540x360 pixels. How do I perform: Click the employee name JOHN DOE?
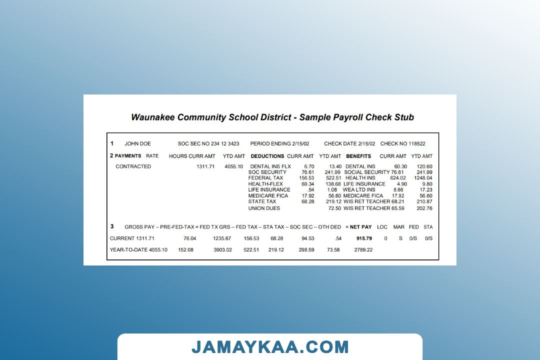click(x=137, y=144)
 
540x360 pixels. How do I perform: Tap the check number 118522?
click(x=417, y=144)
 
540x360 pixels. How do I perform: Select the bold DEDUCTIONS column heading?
click(x=267, y=156)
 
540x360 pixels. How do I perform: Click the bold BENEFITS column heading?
click(x=358, y=156)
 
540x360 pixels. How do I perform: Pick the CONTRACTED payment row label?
click(x=133, y=166)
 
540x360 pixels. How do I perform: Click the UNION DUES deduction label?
click(x=264, y=208)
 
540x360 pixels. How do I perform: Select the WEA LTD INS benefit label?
click(x=359, y=190)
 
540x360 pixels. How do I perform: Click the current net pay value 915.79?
click(x=364, y=238)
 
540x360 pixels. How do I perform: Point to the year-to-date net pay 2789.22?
click(x=363, y=250)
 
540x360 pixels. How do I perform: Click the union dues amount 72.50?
click(x=335, y=208)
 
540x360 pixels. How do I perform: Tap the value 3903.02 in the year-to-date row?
click(x=222, y=250)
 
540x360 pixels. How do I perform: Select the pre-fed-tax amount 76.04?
click(x=190, y=238)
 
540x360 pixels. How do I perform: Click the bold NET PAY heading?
click(x=360, y=227)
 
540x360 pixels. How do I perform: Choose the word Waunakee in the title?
click(x=153, y=117)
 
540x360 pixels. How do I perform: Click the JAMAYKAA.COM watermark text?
click(x=270, y=347)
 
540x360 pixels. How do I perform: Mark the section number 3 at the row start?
click(x=112, y=226)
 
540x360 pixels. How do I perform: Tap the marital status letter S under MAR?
click(x=400, y=238)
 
